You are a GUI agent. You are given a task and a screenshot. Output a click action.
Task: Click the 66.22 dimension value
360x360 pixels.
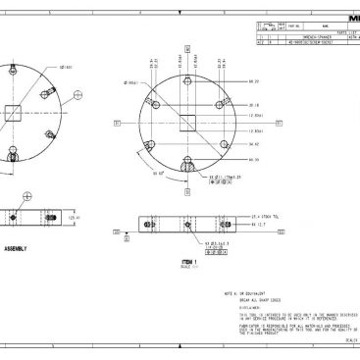click(x=253, y=82)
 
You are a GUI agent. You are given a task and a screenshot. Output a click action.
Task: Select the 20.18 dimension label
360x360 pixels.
click(x=253, y=105)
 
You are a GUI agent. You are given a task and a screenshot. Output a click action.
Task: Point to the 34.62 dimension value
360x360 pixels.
click(x=253, y=144)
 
